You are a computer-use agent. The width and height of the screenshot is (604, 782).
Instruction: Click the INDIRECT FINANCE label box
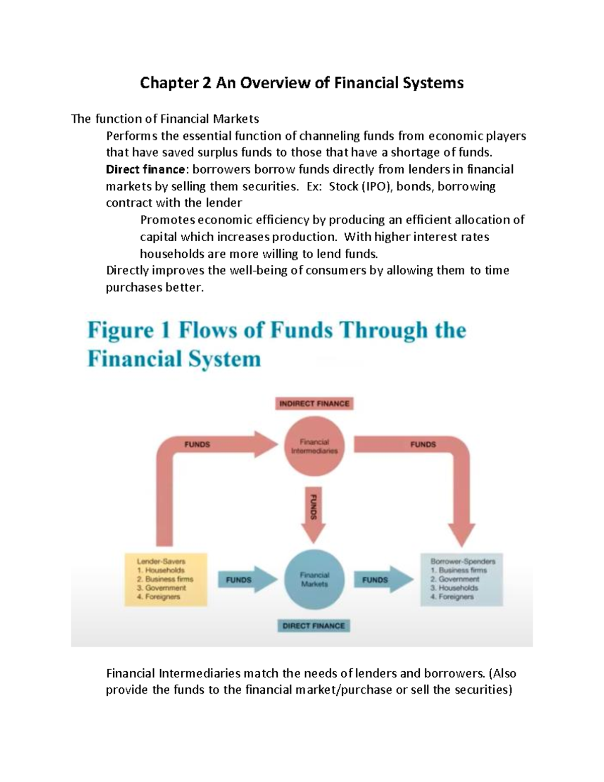pos(314,403)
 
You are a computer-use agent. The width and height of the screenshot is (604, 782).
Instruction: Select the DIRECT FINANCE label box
pos(314,625)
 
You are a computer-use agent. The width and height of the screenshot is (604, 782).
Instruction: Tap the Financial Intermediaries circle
pos(315,446)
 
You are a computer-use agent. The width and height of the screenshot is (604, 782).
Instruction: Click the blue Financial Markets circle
pos(315,580)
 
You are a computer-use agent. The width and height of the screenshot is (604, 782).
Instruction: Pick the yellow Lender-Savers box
pos(166,579)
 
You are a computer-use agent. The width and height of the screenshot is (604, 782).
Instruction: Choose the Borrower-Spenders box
pos(461,579)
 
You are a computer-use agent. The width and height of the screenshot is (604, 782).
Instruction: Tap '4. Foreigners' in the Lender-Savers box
pos(159,597)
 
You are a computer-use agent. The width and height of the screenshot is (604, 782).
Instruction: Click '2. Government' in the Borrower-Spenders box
pos(456,579)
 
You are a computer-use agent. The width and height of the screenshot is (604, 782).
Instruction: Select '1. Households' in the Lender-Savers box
pos(161,570)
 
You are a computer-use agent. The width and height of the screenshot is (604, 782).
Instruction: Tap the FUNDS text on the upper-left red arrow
pos(197,444)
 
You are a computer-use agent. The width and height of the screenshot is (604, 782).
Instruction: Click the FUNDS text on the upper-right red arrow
pos(423,444)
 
